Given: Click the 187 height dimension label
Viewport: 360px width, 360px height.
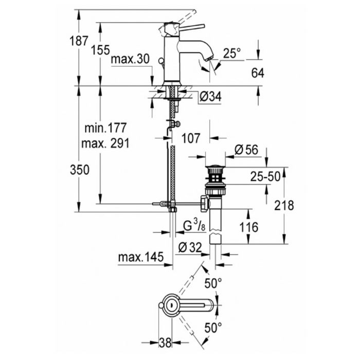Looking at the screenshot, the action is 79,41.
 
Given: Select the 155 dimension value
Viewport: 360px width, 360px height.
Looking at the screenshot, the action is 100,50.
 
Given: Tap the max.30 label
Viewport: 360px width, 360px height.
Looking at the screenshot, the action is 130,59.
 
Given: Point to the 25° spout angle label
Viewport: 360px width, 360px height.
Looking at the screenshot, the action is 232,53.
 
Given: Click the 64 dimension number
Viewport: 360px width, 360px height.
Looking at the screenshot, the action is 258,73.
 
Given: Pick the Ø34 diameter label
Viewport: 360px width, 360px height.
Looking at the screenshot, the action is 210,97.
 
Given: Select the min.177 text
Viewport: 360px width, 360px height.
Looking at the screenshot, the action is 105,128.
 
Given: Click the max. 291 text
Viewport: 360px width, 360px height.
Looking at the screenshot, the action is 105,143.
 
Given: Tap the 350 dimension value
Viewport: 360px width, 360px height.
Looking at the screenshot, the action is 79,170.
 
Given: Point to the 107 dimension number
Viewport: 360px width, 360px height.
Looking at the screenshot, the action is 191,138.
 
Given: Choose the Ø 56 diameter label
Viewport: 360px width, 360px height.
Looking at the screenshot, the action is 246,150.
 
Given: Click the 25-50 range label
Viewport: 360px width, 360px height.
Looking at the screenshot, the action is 265,177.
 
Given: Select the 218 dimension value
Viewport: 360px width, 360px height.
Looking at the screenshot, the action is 284,205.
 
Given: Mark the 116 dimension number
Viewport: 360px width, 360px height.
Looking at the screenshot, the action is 249,227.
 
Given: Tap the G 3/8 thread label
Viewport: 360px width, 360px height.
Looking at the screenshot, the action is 194,225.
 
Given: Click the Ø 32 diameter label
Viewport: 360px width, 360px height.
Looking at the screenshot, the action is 190,247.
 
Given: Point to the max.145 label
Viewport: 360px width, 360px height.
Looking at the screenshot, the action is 141,257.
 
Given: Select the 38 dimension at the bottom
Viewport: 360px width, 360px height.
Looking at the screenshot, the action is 165,343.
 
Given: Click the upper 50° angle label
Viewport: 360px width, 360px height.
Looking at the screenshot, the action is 213,283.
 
